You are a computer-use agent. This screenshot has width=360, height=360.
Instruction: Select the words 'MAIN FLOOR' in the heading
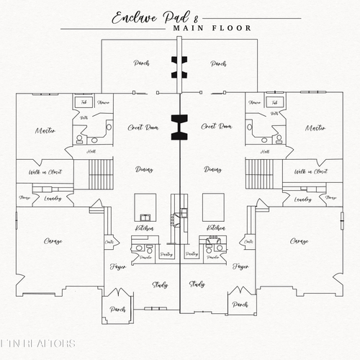coord(212,29)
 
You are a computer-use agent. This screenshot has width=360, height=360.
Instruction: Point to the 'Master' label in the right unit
coord(315,128)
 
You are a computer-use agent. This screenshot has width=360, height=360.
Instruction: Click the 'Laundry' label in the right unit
coord(303,199)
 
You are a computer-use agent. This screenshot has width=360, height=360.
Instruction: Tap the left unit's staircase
coord(100,174)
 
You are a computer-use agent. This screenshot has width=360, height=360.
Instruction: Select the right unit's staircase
coord(258,174)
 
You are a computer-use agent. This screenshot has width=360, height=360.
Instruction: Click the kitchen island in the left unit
coord(146,206)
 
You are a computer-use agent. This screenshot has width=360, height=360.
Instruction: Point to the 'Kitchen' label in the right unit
coord(215,227)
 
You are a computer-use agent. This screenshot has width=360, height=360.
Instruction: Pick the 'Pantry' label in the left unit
coord(166,254)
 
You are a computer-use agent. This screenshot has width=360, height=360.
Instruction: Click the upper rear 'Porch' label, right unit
coord(218,63)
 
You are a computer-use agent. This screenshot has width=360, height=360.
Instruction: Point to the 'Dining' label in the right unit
coord(212,169)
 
